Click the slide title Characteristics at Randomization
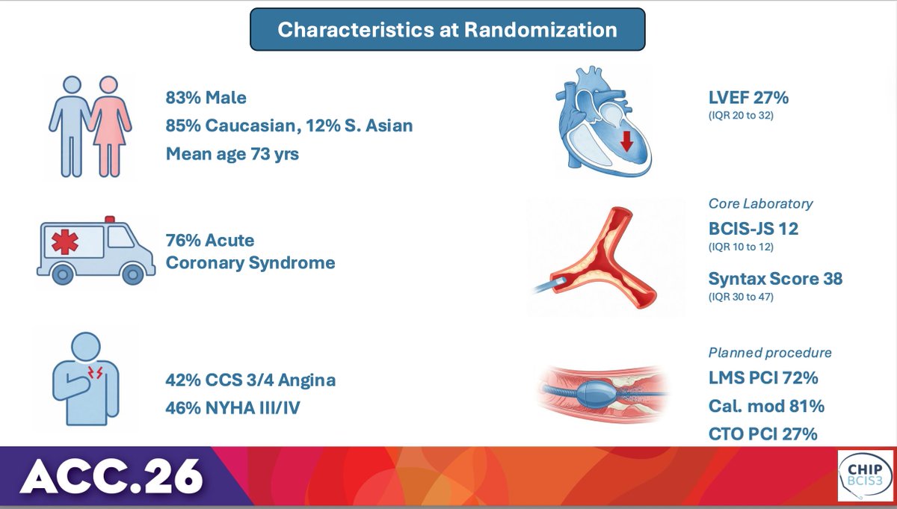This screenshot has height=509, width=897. click(x=447, y=30)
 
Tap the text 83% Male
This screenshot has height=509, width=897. click(x=206, y=97)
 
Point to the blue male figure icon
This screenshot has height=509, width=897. click(x=71, y=123)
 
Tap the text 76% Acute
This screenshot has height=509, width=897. click(x=210, y=241)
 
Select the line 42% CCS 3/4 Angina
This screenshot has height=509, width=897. click(x=250, y=380)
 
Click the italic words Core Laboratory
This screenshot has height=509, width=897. click(x=760, y=203)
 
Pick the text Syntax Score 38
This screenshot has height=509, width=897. click(x=775, y=280)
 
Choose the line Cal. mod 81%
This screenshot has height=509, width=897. click(x=766, y=407)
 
